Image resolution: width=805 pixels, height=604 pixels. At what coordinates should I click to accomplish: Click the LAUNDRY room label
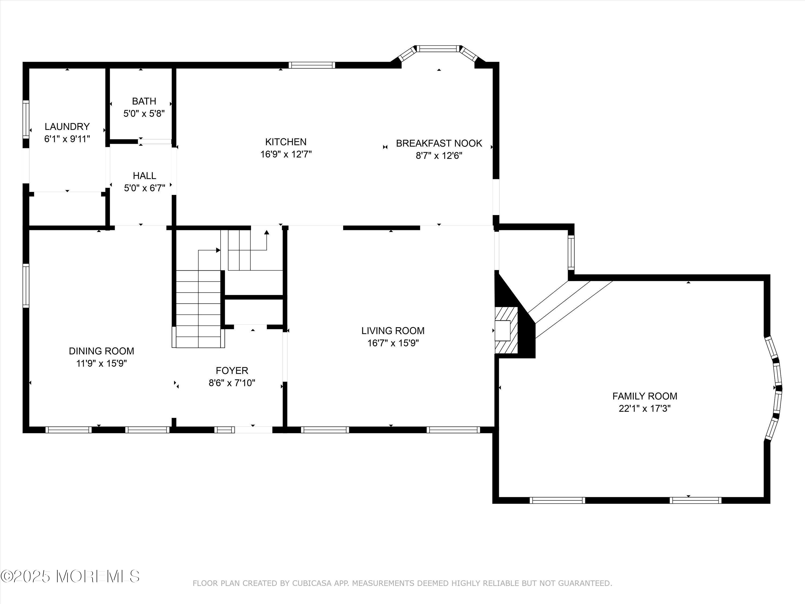point(67,126)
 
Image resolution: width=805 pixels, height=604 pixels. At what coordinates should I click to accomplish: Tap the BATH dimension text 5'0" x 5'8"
point(144,114)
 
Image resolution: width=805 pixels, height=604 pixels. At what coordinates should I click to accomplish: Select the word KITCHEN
point(286,142)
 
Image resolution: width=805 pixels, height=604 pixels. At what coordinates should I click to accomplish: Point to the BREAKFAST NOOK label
point(439,143)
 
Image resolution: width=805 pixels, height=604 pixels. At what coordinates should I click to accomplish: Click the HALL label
point(144,176)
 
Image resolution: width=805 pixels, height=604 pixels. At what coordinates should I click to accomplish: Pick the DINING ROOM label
point(101,351)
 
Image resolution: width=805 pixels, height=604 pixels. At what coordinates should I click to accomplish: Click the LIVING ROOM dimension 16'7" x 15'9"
point(393,343)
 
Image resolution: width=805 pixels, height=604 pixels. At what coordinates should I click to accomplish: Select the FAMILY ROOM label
point(645,396)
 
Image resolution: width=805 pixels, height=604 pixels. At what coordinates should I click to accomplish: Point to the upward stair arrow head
point(266,232)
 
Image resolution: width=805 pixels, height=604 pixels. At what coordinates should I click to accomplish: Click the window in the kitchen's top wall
point(312,65)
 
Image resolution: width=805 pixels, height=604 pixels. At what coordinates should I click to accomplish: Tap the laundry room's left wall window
point(26,119)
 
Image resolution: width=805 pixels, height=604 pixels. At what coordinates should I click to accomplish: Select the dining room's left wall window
point(26,286)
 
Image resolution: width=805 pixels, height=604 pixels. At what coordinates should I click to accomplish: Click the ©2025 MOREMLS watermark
point(70,576)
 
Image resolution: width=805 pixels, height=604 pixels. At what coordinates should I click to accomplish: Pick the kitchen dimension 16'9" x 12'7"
point(286,154)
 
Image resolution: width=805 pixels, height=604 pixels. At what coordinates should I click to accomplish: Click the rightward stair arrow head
point(218,250)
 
